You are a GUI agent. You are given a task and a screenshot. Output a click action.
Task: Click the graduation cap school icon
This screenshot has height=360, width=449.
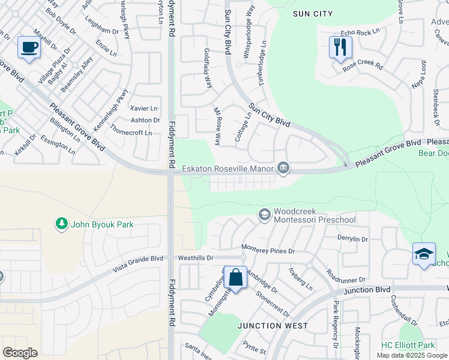(424, 254)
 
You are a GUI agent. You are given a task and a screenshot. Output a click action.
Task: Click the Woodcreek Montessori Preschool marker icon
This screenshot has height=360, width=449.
(264, 214)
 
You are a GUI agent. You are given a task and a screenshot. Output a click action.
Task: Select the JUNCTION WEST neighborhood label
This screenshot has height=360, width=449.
(272, 326)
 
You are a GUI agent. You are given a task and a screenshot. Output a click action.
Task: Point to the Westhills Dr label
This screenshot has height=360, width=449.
(196, 258)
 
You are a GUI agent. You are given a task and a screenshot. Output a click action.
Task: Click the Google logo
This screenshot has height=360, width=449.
(20, 353)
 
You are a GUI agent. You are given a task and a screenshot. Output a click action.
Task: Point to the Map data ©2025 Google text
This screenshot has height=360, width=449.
(412, 355)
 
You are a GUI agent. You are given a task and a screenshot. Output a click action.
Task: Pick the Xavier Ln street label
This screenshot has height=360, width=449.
(144, 109)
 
